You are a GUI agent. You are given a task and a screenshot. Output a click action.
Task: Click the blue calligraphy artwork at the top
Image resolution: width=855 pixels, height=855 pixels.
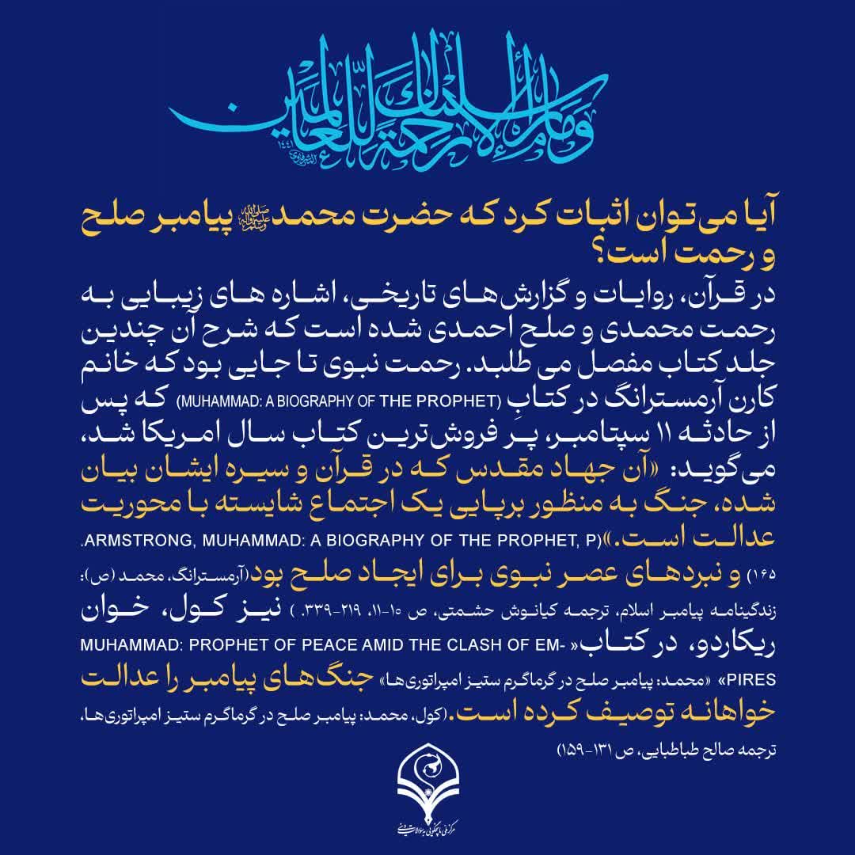(x=427, y=95)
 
